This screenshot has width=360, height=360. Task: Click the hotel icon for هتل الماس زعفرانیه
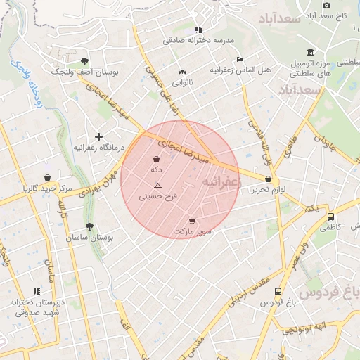tap(240, 59)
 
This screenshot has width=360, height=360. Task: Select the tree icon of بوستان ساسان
tap(89, 226)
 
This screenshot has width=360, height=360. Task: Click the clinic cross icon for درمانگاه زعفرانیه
tap(98, 136)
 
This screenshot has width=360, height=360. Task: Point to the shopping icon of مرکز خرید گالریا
tap(47, 176)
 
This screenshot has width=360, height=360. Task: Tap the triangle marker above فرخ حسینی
tap(157, 186)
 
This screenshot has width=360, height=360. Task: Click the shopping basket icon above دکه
tap(155, 159)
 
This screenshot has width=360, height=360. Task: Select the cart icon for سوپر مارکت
tap(193, 222)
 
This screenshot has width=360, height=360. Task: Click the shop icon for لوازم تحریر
tap(269, 179)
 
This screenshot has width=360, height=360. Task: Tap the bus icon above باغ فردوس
tap(278, 291)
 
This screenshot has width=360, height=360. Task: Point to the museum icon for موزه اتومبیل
tap(310, 52)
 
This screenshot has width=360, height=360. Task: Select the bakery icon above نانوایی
tap(183, 72)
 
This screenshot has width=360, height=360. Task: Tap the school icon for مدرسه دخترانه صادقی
tap(199, 30)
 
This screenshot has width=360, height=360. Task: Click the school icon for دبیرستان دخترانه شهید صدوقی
tap(37, 290)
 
